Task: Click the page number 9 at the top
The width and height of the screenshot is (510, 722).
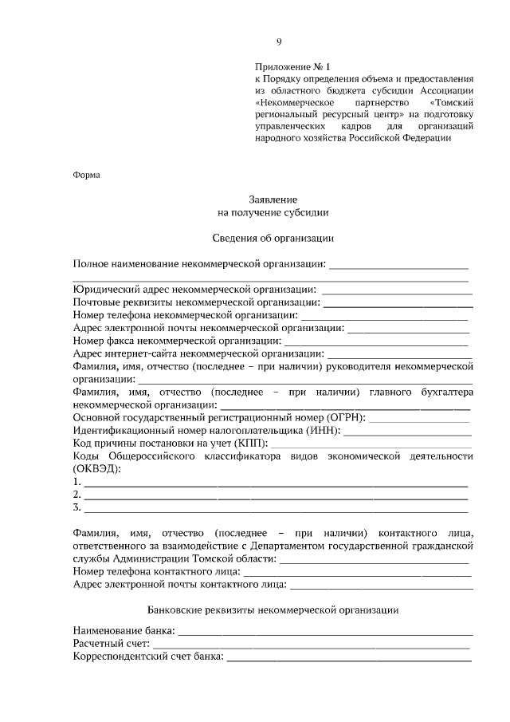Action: pos(278,42)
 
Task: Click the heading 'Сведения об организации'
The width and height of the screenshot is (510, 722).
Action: pos(273,238)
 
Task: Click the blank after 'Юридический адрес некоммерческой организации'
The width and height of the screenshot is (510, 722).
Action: pos(396,290)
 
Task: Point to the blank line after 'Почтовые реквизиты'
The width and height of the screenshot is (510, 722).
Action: pos(398,304)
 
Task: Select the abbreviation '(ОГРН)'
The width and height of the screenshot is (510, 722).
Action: pos(346,417)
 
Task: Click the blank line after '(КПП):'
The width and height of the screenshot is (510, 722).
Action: pos(371,444)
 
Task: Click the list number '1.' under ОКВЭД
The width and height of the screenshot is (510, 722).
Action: pos(76,482)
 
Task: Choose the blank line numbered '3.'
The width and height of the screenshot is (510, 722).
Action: pos(276,508)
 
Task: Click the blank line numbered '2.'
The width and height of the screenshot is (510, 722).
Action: pos(276,495)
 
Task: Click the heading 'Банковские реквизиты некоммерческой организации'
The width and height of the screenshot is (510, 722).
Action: pos(273,610)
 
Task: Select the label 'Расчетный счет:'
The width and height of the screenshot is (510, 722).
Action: pos(109,645)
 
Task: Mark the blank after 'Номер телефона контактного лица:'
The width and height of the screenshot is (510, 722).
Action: pos(351,572)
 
